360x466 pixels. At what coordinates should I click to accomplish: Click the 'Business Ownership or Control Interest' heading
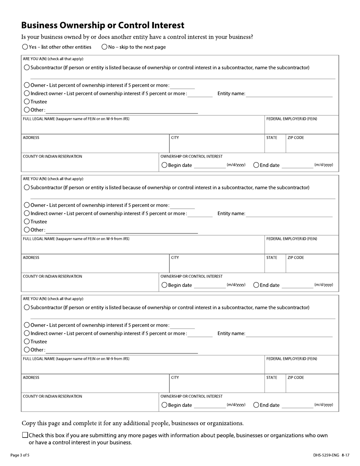[103, 25]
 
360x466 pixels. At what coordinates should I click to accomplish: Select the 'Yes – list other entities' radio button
[25, 47]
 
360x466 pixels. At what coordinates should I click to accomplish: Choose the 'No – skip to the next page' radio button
[104, 47]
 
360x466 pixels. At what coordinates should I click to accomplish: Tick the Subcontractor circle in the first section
[27, 67]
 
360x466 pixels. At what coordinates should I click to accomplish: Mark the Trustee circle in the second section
[27, 222]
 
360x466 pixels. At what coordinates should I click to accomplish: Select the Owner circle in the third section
[27, 325]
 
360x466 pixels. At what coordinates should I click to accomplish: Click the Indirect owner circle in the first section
[27, 94]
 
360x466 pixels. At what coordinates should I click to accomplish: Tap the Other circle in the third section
[27, 350]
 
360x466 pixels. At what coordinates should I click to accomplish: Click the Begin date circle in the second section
[164, 285]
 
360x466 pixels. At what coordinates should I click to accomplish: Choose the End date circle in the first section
[256, 165]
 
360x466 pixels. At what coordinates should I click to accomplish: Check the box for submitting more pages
[25, 435]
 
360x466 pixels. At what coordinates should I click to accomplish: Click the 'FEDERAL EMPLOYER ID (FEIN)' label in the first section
[292, 119]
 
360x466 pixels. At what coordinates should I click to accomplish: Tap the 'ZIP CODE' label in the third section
[296, 378]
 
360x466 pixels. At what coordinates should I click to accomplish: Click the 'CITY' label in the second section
[175, 258]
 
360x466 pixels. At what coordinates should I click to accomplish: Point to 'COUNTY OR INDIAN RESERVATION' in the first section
[52, 156]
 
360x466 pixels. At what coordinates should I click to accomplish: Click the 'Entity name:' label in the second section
[231, 214]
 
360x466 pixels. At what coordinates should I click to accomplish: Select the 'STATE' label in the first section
[272, 138]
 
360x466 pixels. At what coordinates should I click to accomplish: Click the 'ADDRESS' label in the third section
[31, 378]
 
